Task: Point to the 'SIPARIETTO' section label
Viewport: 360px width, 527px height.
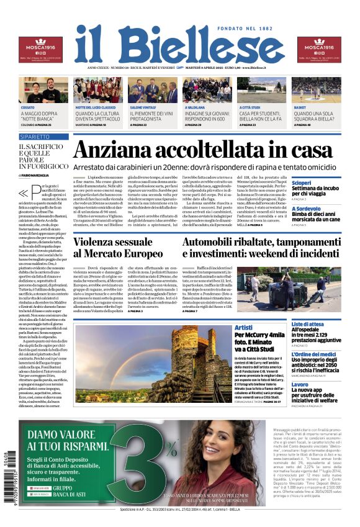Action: [34, 136]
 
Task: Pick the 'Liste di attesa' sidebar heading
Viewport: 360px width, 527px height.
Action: [307, 324]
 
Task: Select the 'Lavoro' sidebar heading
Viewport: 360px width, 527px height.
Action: [300, 385]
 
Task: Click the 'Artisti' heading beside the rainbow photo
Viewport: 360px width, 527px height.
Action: [244, 327]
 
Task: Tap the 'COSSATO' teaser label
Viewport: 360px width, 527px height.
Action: [27, 107]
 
